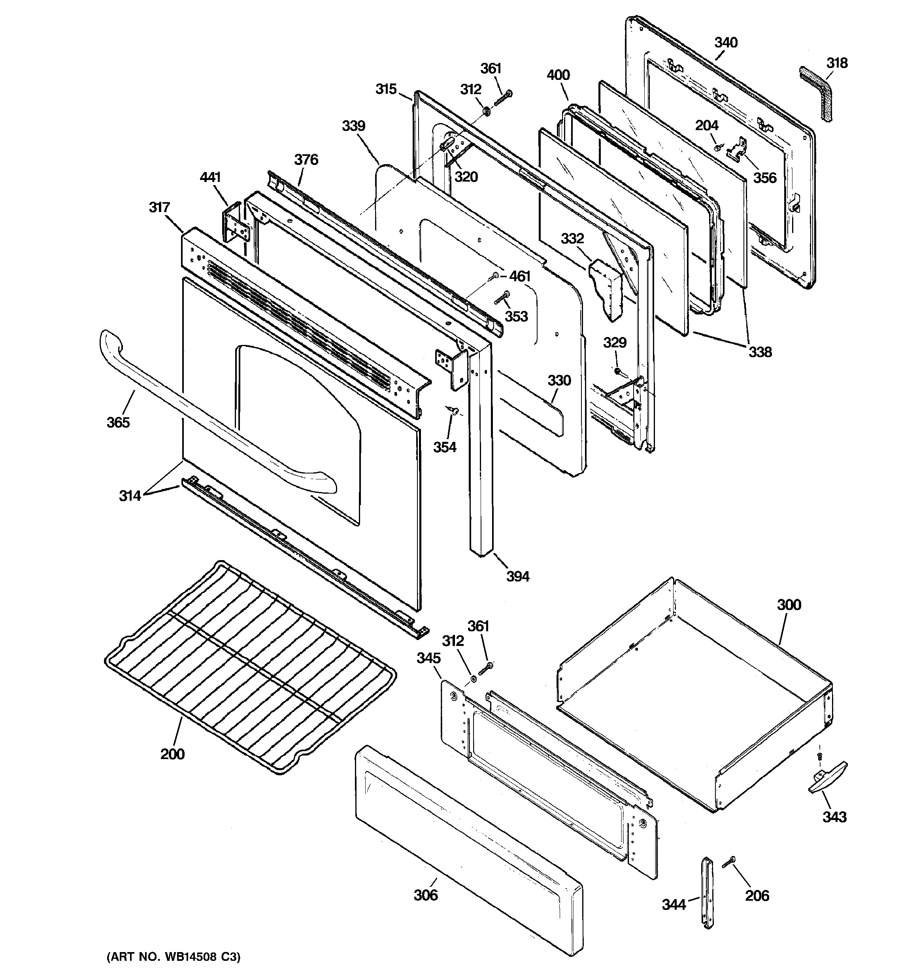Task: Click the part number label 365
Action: pos(118,422)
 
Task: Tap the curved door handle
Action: pos(207,418)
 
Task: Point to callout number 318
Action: pos(837,63)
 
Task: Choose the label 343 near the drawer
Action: pos(834,817)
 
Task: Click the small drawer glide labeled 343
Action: pos(827,778)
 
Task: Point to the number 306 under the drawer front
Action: pos(425,895)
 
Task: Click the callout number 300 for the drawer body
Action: pos(789,605)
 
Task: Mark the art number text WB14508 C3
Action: pos(173,957)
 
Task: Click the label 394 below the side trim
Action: pos(518,576)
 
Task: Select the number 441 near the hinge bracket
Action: pos(210,177)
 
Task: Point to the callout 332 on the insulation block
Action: pos(572,239)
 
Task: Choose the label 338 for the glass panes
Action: pos(760,352)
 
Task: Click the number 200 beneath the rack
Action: pos(172,754)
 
